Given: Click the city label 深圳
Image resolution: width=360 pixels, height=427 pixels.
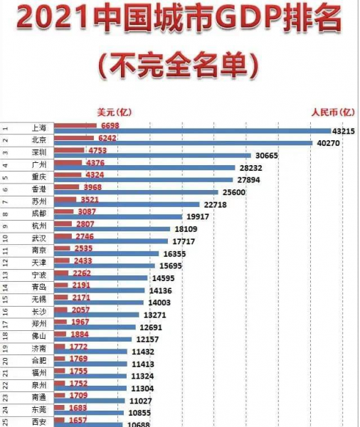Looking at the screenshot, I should (39, 152).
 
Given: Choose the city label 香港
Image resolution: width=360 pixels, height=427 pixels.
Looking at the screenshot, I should (39, 188).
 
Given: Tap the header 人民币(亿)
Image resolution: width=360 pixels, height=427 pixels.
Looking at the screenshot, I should (332, 112).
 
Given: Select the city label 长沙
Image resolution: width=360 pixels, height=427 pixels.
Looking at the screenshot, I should (39, 310).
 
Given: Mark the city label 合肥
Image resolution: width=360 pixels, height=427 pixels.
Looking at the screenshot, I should (39, 359).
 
